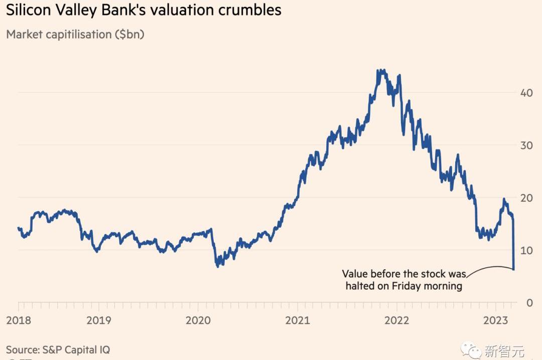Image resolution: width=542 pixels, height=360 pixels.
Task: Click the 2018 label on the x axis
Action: click(x=18, y=320)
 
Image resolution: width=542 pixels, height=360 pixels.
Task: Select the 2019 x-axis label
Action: click(x=99, y=320)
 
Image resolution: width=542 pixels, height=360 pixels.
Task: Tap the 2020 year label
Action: click(x=198, y=320)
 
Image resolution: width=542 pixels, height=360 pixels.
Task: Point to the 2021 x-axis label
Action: click(x=297, y=320)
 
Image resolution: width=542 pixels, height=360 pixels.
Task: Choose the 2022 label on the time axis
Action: click(x=397, y=320)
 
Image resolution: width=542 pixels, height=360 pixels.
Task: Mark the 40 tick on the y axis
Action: click(x=526, y=93)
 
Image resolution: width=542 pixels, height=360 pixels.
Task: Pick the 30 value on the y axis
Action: click(x=526, y=145)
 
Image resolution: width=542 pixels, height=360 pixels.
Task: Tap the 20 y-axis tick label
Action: click(x=526, y=198)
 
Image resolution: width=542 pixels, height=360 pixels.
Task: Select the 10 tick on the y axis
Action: click(x=526, y=250)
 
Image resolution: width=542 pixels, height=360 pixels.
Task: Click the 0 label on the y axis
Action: click(x=529, y=302)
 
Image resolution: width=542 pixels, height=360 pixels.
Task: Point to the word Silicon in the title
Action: click(x=28, y=10)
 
